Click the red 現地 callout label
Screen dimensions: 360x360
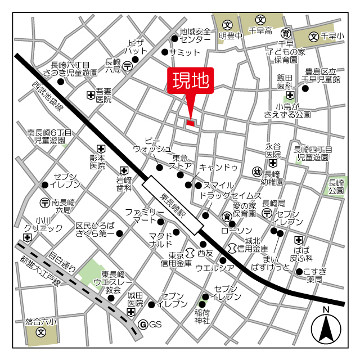(x=190, y=82)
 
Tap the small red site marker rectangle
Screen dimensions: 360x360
(x=190, y=123)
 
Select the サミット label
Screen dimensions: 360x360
(x=184, y=52)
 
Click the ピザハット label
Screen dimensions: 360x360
(x=137, y=47)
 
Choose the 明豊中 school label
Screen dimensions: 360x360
(x=231, y=36)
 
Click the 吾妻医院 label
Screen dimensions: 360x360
(x=103, y=95)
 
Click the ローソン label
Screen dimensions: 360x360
(x=236, y=231)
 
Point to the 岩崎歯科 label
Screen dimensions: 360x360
(x=124, y=184)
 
